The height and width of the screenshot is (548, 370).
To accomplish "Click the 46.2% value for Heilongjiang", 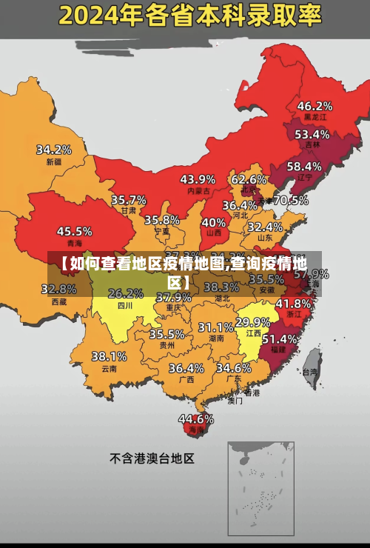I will (314, 106).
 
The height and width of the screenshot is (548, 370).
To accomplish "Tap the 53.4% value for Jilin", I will (312, 135).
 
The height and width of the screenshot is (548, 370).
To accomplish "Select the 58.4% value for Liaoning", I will (304, 167).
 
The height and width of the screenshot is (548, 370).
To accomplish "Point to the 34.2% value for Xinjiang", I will (54, 150).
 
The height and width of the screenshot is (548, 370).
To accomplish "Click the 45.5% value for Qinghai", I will (75, 231).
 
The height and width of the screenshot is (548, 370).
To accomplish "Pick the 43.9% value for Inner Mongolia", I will (198, 179).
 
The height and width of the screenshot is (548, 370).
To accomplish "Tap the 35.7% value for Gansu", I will (129, 200).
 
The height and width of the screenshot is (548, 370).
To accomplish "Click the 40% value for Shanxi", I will (214, 222).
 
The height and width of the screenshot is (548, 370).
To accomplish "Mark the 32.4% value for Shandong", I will (265, 227).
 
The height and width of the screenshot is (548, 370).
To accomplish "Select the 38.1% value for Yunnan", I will (109, 356).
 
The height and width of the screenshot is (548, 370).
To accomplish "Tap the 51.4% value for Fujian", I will (280, 338).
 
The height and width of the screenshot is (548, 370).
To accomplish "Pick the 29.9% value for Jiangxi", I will (252, 322).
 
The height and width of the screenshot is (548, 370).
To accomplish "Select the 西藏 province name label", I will (59, 301).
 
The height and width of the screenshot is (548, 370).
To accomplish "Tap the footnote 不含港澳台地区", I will (152, 458).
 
